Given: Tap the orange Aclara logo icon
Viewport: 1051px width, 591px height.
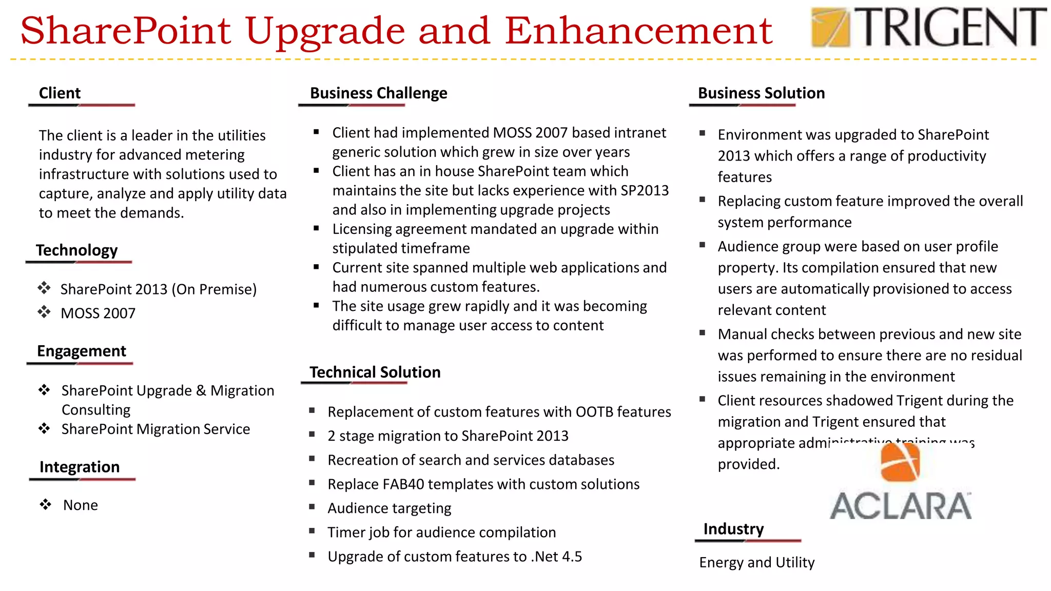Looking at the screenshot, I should tap(900, 462).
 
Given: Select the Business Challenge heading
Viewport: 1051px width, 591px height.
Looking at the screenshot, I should tap(378, 93).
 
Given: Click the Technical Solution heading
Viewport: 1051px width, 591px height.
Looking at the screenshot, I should tap(375, 372).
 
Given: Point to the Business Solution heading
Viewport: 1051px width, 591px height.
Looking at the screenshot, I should tap(761, 93).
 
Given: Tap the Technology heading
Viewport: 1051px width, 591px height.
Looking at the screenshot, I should tap(76, 250).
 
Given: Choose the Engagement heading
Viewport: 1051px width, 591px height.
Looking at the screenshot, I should tap(81, 351).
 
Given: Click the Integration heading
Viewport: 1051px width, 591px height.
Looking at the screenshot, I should tap(79, 467).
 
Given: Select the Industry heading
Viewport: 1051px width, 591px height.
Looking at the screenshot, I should tap(733, 529).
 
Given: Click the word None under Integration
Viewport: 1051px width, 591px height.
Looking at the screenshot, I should tap(81, 505).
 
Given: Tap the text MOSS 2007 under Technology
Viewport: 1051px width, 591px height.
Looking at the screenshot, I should tap(98, 313).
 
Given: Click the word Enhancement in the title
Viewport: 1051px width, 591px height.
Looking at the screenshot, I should tap(638, 31).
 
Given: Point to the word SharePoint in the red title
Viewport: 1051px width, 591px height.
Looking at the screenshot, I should tap(126, 31).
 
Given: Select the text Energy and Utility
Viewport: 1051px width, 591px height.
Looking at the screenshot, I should tap(756, 563).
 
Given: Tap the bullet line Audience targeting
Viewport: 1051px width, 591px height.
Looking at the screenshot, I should tap(390, 508).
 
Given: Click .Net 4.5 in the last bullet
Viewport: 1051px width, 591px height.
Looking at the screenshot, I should tap(557, 557).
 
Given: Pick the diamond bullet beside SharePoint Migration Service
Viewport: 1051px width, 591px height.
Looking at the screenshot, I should tap(45, 428).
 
